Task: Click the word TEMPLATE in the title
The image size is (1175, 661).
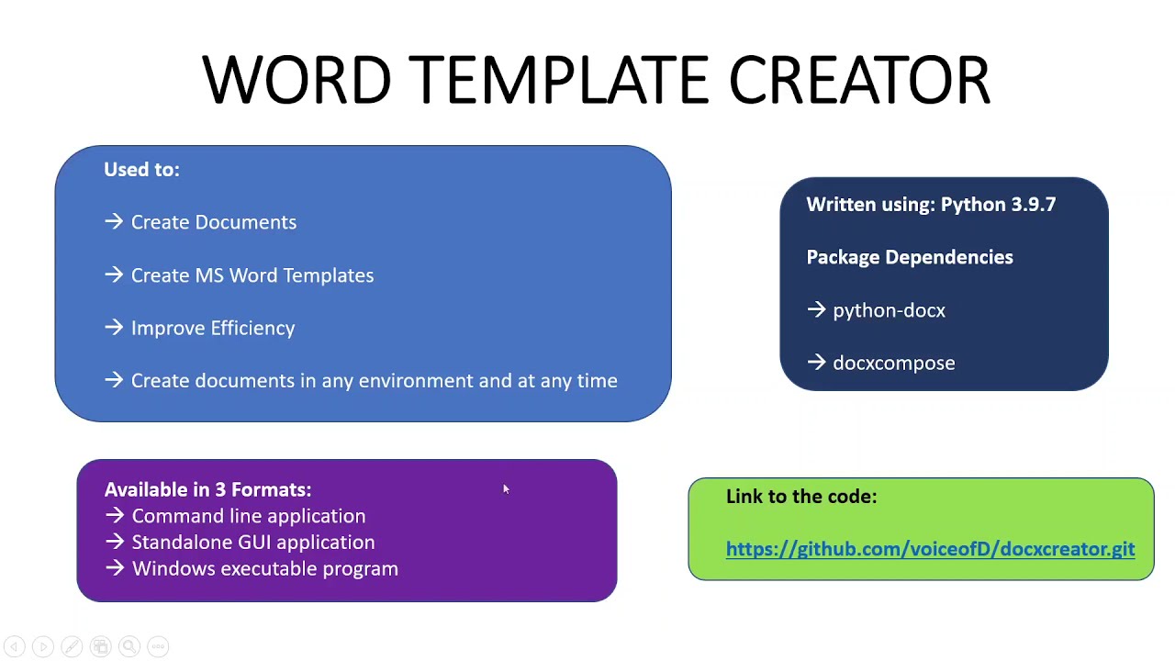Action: click(558, 80)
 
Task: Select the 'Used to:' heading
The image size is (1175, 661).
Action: click(141, 170)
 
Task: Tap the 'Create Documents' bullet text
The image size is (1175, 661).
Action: click(213, 222)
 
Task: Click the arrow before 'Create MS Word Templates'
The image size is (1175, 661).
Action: click(114, 275)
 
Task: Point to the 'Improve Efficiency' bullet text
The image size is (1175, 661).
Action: click(212, 328)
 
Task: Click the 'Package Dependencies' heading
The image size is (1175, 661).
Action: click(909, 258)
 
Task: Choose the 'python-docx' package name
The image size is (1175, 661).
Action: click(888, 311)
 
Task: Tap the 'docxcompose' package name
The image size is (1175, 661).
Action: click(893, 364)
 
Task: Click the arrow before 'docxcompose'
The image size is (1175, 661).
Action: click(816, 364)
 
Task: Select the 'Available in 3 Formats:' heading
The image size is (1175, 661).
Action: click(207, 490)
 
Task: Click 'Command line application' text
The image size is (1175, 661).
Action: click(248, 516)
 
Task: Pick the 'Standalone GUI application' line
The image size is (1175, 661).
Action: click(252, 543)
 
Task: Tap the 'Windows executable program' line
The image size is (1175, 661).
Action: click(264, 569)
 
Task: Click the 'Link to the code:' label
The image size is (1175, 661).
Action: click(800, 497)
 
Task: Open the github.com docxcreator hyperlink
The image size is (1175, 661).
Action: click(929, 549)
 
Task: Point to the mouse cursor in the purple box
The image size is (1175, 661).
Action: click(505, 489)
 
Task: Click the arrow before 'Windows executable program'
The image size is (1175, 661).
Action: click(115, 569)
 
